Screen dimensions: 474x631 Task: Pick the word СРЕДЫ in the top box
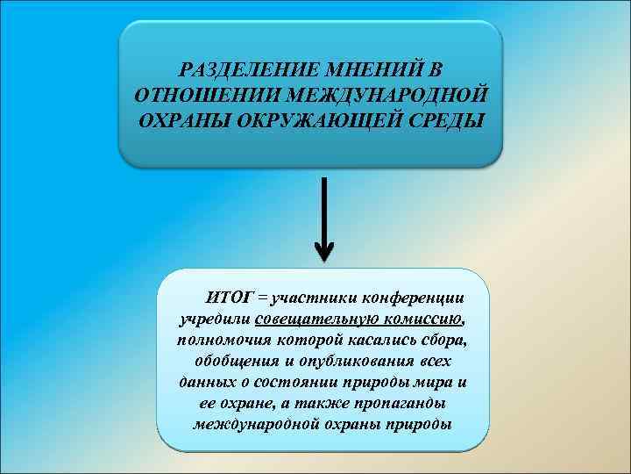click(444, 118)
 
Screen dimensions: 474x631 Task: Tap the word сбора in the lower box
click(445, 339)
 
